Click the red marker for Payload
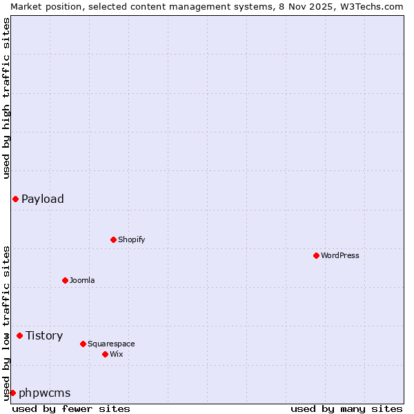click(x=15, y=199)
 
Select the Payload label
click(x=43, y=199)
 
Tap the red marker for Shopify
click(x=113, y=240)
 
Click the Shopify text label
click(x=131, y=240)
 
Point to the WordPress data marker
click(x=316, y=256)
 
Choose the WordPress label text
click(x=339, y=256)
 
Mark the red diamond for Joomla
click(x=65, y=281)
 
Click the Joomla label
click(x=82, y=281)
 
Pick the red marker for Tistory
click(x=19, y=336)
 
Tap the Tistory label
click(x=44, y=336)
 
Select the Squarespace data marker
click(x=83, y=344)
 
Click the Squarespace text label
click(x=111, y=344)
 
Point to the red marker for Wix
click(x=105, y=355)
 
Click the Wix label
click(x=116, y=355)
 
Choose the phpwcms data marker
click(x=12, y=393)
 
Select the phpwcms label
click(x=45, y=393)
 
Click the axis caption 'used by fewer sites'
click(x=71, y=408)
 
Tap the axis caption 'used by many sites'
click(x=346, y=408)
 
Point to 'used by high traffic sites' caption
click(x=6, y=98)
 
